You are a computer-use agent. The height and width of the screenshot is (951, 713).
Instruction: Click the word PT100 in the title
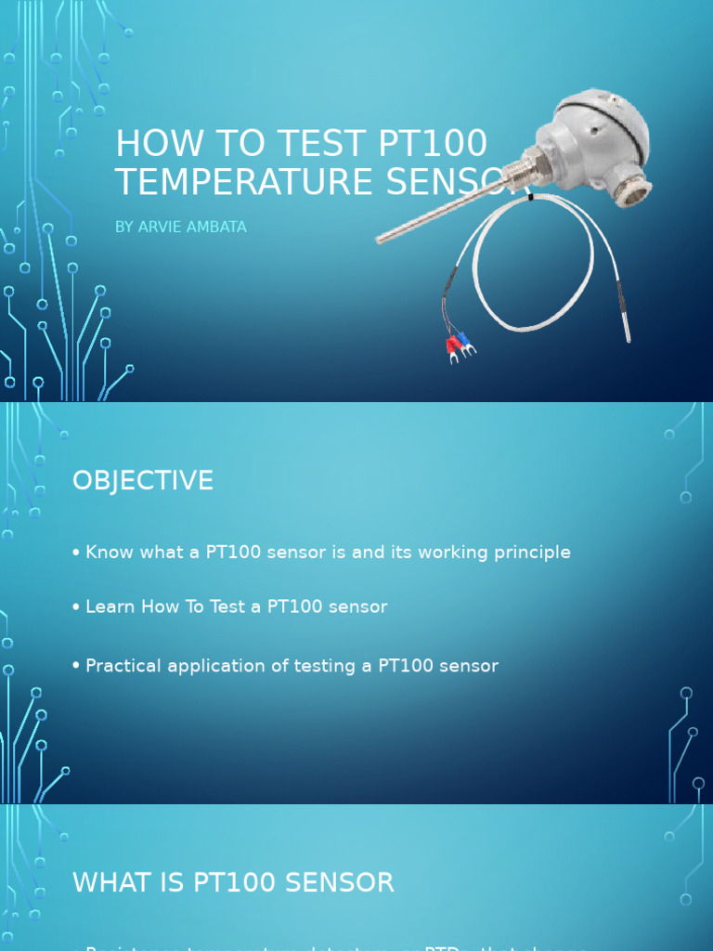click(433, 145)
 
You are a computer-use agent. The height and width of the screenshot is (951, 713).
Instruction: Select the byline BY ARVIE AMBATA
click(181, 228)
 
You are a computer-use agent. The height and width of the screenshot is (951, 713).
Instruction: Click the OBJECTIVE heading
click(143, 481)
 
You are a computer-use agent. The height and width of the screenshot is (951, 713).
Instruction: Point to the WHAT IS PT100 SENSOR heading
click(233, 883)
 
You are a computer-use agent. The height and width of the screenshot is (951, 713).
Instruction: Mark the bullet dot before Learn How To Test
click(76, 607)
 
